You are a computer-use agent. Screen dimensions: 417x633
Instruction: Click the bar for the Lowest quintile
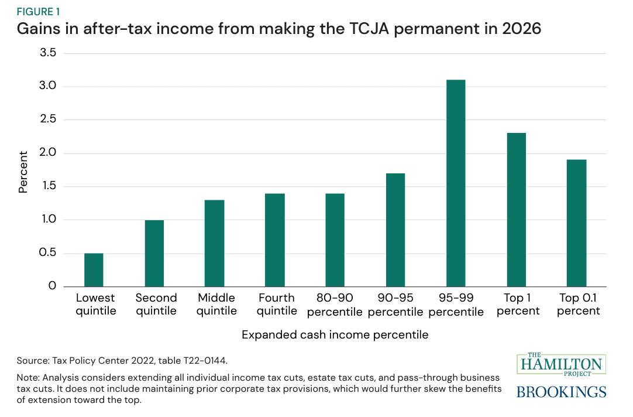[x=94, y=270]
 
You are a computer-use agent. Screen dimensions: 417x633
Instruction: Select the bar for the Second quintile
[x=154, y=254]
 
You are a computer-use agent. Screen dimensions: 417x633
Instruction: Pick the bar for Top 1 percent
[x=516, y=210]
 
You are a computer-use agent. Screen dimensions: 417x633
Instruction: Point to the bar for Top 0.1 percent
[x=576, y=223]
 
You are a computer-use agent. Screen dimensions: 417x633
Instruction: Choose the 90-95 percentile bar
[x=395, y=230]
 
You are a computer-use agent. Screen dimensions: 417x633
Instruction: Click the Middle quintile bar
[x=214, y=243]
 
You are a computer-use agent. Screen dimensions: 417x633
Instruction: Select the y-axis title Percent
[x=23, y=172]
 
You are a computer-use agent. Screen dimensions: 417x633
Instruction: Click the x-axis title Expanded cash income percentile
[x=335, y=335]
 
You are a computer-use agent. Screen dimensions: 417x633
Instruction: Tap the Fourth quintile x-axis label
[x=276, y=305]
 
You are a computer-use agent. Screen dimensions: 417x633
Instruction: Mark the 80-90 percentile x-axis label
[x=335, y=305]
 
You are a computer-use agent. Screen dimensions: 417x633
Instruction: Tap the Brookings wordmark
[x=562, y=391]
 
